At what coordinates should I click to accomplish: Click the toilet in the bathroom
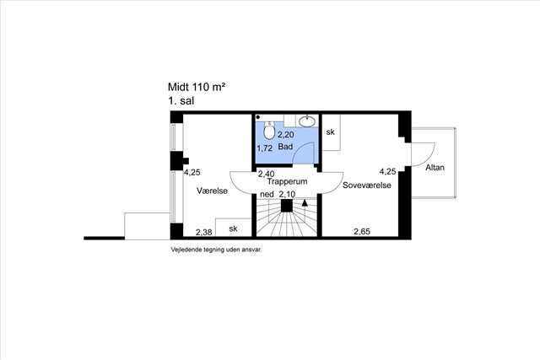click(x=269, y=130)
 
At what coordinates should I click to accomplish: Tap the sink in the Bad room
click(x=307, y=121)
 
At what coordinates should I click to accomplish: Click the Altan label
click(x=435, y=168)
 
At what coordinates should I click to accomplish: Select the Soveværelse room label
click(x=367, y=185)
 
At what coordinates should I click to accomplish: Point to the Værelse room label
click(x=212, y=191)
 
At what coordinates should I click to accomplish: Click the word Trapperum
click(x=287, y=181)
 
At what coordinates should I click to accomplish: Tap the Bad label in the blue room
click(x=285, y=147)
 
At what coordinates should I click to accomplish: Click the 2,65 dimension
click(x=362, y=232)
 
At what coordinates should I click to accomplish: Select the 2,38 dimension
click(x=204, y=233)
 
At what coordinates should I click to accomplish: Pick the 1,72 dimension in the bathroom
click(x=264, y=148)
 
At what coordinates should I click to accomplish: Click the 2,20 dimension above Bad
click(x=286, y=135)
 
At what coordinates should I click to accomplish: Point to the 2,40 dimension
click(x=267, y=174)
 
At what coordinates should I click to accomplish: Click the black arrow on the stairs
click(x=305, y=202)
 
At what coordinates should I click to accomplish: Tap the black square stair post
click(x=287, y=206)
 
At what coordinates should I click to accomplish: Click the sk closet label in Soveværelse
click(x=330, y=132)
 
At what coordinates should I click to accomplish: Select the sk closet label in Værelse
click(x=233, y=228)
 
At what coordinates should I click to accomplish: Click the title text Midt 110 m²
click(x=197, y=87)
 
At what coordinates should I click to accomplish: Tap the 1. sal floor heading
click(x=181, y=101)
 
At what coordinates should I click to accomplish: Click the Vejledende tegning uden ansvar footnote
click(x=216, y=250)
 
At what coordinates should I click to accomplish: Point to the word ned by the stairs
click(x=267, y=195)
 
